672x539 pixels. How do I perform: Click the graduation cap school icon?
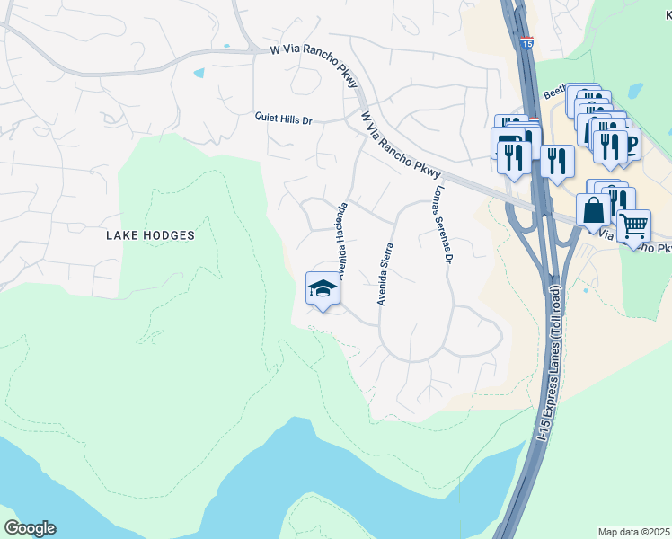[x=323, y=288]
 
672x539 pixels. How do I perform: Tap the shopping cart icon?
[x=634, y=225]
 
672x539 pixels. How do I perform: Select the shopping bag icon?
[x=594, y=210]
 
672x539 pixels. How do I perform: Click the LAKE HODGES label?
[x=150, y=235]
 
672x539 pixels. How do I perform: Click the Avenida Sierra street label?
[x=385, y=274]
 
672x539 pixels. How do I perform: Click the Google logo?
[x=30, y=528]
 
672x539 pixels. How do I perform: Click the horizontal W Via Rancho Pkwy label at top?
[x=308, y=51]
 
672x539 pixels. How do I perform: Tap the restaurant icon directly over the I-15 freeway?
[x=558, y=161]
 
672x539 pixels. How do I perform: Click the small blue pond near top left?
[x=199, y=73]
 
